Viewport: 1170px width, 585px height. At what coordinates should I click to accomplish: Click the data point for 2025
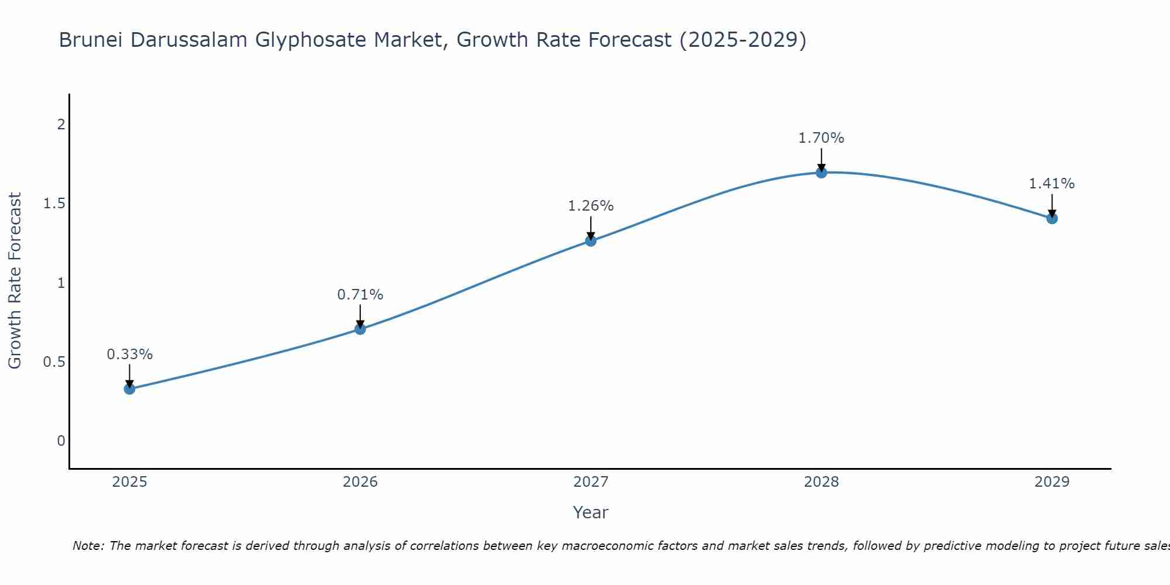click(x=129, y=388)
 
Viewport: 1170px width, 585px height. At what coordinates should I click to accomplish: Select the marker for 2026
click(x=360, y=329)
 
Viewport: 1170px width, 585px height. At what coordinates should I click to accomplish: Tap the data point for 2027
click(x=591, y=240)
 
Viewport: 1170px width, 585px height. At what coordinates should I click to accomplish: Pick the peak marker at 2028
click(x=821, y=173)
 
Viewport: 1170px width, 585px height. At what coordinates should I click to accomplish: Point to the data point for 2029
click(x=1052, y=218)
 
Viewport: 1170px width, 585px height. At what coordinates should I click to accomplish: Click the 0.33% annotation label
click(x=130, y=355)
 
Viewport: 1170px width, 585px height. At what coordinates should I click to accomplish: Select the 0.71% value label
click(x=360, y=295)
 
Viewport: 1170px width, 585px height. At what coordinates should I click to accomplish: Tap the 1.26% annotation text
click(x=591, y=206)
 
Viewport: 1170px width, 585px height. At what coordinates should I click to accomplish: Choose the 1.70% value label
click(x=821, y=138)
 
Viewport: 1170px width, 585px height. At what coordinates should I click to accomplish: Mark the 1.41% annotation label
click(x=1052, y=184)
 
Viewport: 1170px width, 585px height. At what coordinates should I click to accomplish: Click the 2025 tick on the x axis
click(x=130, y=482)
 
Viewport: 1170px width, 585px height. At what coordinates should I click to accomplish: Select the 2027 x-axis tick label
click(x=591, y=482)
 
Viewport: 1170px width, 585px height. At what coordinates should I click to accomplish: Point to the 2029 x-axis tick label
click(x=1052, y=482)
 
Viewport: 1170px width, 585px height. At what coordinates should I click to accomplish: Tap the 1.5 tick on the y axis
click(x=54, y=204)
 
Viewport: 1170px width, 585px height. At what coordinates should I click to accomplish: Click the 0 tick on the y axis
click(x=61, y=441)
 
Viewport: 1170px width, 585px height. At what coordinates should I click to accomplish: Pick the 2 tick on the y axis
click(x=61, y=125)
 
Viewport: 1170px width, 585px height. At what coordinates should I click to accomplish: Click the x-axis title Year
click(x=591, y=512)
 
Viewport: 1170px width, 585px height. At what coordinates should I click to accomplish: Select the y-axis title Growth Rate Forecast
click(x=15, y=281)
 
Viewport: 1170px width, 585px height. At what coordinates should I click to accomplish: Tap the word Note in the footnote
click(x=88, y=546)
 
